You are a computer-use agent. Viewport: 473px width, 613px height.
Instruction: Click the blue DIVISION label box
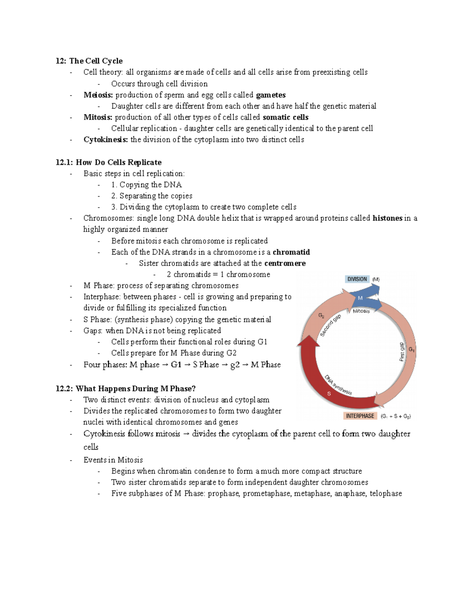[357, 279]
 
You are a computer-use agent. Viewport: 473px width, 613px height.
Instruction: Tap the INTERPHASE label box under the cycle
[360, 416]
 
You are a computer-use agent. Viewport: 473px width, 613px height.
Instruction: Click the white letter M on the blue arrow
[360, 298]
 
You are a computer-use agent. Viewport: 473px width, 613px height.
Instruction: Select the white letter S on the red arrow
[329, 394]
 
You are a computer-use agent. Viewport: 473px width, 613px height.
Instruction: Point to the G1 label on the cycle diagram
[411, 349]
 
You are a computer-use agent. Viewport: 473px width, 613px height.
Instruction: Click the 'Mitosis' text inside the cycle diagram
[361, 311]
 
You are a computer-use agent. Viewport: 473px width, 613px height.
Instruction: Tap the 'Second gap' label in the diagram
[330, 326]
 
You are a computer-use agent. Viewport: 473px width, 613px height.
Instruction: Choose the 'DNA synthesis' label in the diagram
[338, 385]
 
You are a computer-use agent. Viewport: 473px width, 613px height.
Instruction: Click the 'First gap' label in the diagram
[402, 351]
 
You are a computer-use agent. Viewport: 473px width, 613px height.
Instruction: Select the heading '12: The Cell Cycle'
[89, 61]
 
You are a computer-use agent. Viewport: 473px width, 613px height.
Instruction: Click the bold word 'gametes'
[271, 95]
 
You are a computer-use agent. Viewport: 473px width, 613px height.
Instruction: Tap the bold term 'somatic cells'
[285, 117]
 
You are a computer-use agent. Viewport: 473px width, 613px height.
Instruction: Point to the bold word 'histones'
[387, 218]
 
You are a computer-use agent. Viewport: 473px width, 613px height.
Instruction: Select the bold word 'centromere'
[285, 263]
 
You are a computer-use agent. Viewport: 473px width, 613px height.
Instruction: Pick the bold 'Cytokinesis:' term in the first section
[106, 139]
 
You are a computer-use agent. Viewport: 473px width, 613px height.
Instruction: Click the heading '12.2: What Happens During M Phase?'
[126, 388]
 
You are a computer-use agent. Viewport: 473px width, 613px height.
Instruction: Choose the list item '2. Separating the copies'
[152, 196]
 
